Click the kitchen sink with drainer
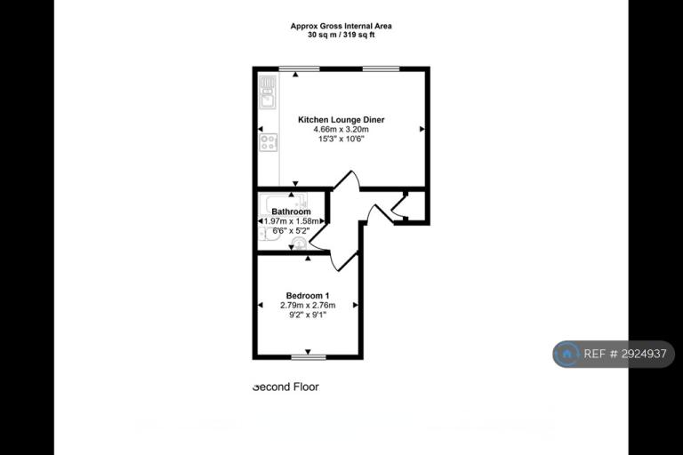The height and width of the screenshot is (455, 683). [268, 92]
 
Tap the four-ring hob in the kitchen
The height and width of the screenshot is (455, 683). [268, 142]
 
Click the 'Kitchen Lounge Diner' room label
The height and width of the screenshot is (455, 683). [341, 120]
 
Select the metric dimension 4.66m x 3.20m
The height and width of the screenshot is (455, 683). [341, 130]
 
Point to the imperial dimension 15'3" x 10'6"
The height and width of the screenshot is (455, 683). [341, 139]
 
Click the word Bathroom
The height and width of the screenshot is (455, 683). [291, 212]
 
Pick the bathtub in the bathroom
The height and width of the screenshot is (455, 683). [283, 204]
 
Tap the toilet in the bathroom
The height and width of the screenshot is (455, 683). [299, 243]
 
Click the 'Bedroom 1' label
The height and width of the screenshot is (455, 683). [308, 296]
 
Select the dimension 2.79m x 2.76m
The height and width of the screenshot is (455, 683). [308, 305]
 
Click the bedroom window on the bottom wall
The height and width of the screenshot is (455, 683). [309, 357]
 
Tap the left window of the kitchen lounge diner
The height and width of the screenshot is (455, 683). [299, 68]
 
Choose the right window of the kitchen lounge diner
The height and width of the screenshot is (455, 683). [382, 68]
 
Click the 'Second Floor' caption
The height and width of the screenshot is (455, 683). [285, 387]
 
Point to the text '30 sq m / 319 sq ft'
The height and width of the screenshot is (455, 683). [341, 36]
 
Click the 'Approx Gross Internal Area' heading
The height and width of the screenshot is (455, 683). [341, 26]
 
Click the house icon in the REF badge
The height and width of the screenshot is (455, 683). [567, 354]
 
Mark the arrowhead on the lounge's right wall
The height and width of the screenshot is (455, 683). [422, 129]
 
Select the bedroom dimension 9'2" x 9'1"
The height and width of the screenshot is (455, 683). [308, 315]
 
